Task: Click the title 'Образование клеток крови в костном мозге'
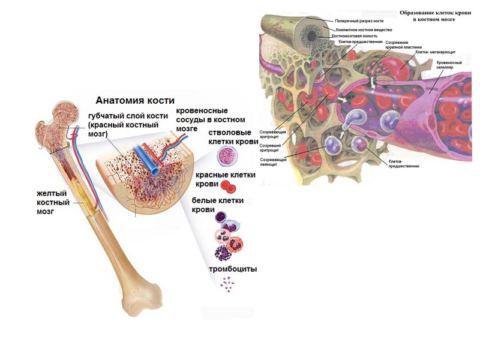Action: point(427,16)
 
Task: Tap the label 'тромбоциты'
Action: point(233,269)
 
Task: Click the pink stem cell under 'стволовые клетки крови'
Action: point(227,158)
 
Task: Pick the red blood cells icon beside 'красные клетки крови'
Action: point(227,185)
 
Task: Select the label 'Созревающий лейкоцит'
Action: point(272,163)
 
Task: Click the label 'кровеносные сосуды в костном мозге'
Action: point(210,119)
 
